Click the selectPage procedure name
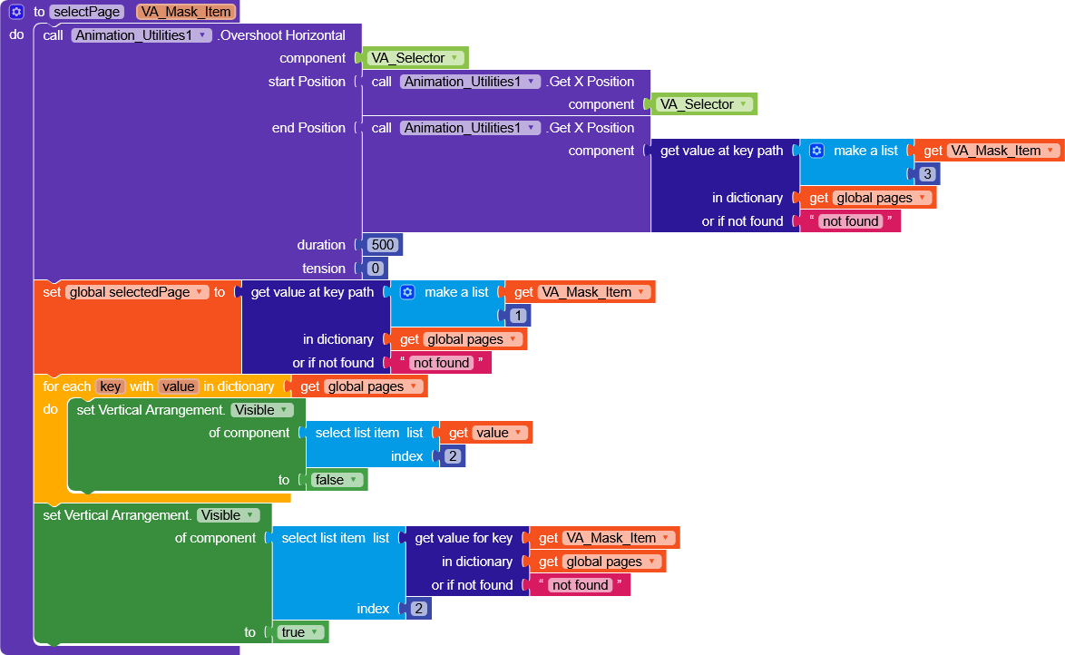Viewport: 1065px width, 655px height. [x=86, y=12]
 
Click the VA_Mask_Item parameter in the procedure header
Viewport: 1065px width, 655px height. [x=186, y=12]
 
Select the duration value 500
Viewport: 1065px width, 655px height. [x=381, y=245]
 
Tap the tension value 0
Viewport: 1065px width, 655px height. [x=375, y=269]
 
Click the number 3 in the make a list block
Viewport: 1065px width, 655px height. [x=926, y=174]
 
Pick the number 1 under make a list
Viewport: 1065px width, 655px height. [x=518, y=316]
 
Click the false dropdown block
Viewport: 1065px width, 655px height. [x=337, y=480]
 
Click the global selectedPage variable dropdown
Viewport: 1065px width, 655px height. [x=137, y=292]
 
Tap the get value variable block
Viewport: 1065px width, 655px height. [x=486, y=433]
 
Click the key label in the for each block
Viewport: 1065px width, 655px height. [x=111, y=386]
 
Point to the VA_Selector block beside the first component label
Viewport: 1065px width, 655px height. [x=415, y=58]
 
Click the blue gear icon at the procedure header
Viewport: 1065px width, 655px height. [x=16, y=12]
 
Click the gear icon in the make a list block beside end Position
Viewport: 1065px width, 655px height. [x=816, y=151]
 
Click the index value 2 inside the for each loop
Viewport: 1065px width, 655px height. [x=452, y=456]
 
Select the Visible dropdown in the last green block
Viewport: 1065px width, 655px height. [x=228, y=515]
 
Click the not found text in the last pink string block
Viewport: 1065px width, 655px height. [x=580, y=585]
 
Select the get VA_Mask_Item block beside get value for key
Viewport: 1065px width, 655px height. [x=604, y=538]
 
